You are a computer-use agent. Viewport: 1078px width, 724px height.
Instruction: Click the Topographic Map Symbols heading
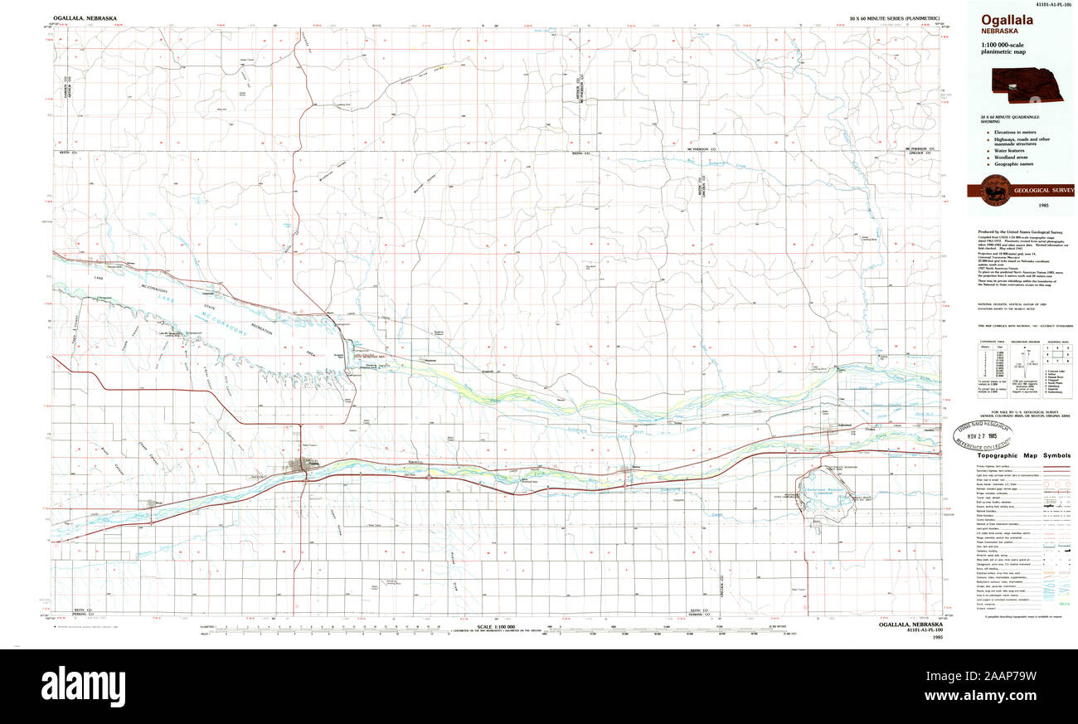tap(1023, 455)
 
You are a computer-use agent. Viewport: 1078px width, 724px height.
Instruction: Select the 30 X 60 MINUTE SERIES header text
tap(894, 17)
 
